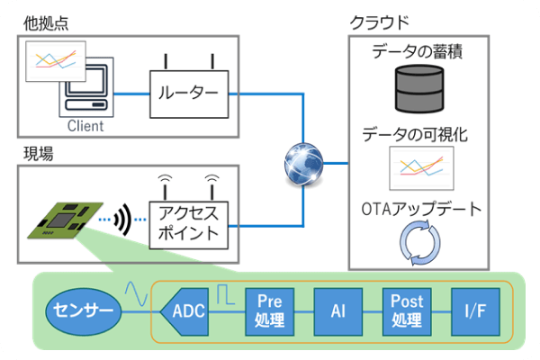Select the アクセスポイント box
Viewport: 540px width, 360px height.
pos(188,221)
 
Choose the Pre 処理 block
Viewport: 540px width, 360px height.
pos(270,311)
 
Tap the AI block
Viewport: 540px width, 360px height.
pos(337,311)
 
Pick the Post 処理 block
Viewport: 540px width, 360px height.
pos(406,311)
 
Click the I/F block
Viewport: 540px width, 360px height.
pos(473,311)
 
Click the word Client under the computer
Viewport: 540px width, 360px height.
pos(85,126)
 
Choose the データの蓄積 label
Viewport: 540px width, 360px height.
pos(417,53)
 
